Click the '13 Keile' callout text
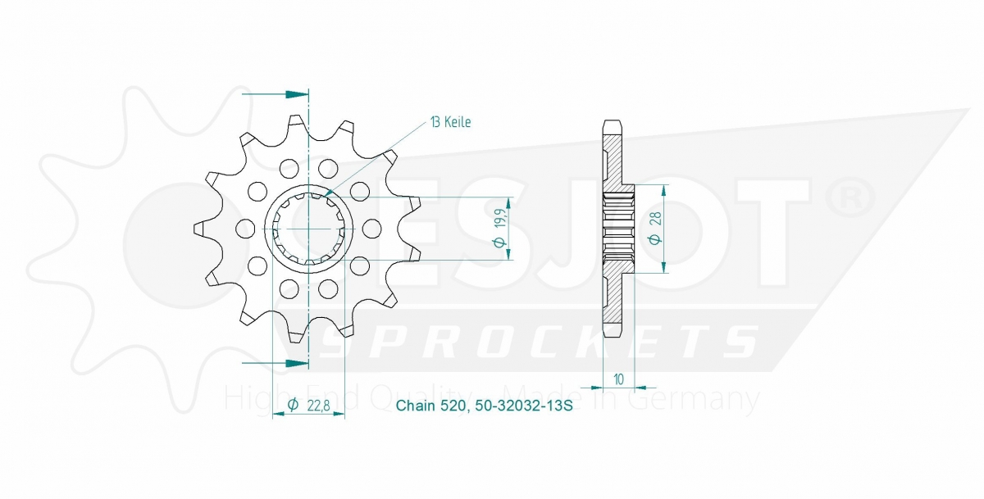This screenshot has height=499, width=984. (x=451, y=122)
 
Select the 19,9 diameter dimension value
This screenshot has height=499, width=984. (x=499, y=218)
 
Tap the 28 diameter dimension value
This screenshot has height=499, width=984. (x=656, y=219)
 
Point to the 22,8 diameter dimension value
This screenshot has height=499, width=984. (x=318, y=406)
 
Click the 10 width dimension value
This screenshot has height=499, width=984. (x=618, y=379)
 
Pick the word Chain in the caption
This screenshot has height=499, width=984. (x=416, y=406)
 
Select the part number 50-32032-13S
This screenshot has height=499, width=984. (x=524, y=406)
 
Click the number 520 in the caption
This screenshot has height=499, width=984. (x=453, y=406)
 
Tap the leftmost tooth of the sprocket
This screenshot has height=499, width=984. (x=200, y=229)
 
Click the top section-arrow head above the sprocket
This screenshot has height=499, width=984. (x=297, y=94)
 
